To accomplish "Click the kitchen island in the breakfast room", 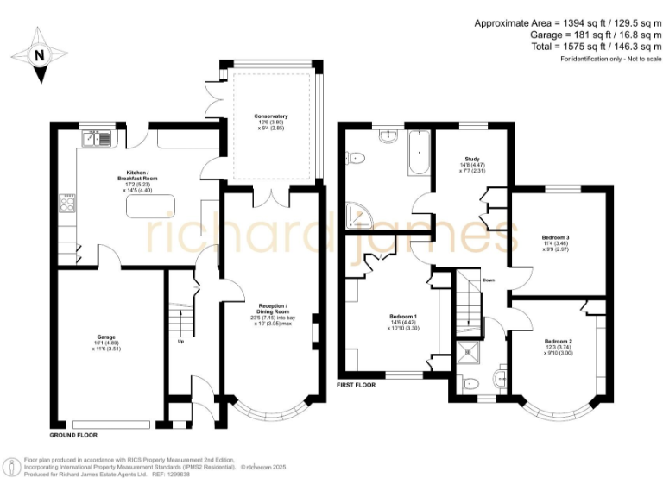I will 150,207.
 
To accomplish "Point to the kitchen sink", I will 96,136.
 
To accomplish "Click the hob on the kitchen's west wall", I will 66,204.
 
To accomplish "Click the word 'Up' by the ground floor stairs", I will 180,341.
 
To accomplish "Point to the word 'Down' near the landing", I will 489,280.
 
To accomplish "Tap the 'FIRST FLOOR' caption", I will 356,385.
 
